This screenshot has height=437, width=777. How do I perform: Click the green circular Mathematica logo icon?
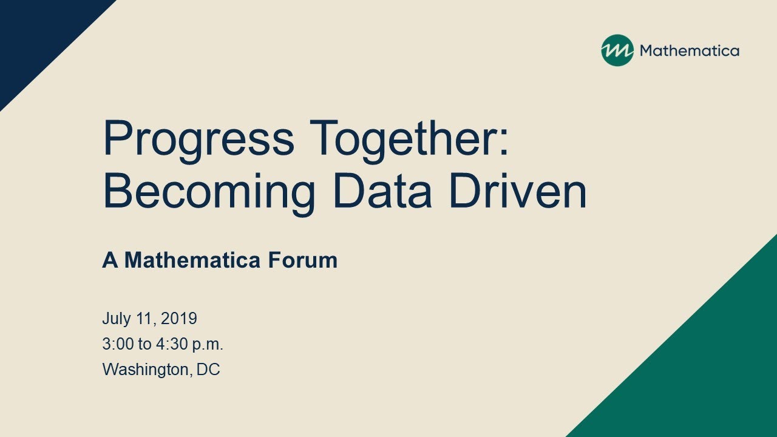click(x=617, y=50)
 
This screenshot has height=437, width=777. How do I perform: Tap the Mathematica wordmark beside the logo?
click(x=690, y=51)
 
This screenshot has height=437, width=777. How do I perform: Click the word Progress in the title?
click(x=198, y=141)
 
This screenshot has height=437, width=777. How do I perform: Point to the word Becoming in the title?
click(x=209, y=194)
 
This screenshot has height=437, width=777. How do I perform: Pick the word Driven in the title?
click(x=518, y=191)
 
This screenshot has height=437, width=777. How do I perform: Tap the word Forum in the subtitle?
click(x=303, y=260)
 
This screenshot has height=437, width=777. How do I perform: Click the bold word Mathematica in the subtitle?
click(x=192, y=260)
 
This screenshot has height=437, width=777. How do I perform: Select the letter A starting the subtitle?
click(x=110, y=260)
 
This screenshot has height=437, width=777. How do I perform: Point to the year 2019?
click(x=179, y=318)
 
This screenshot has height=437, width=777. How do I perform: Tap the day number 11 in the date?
click(x=145, y=319)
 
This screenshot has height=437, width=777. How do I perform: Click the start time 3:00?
click(x=118, y=344)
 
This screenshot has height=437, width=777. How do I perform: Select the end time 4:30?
click(x=172, y=344)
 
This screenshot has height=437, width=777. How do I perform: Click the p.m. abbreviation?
click(x=208, y=345)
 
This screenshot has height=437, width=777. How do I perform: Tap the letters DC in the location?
click(x=208, y=370)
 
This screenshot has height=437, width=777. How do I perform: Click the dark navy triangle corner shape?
click(x=38, y=36)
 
